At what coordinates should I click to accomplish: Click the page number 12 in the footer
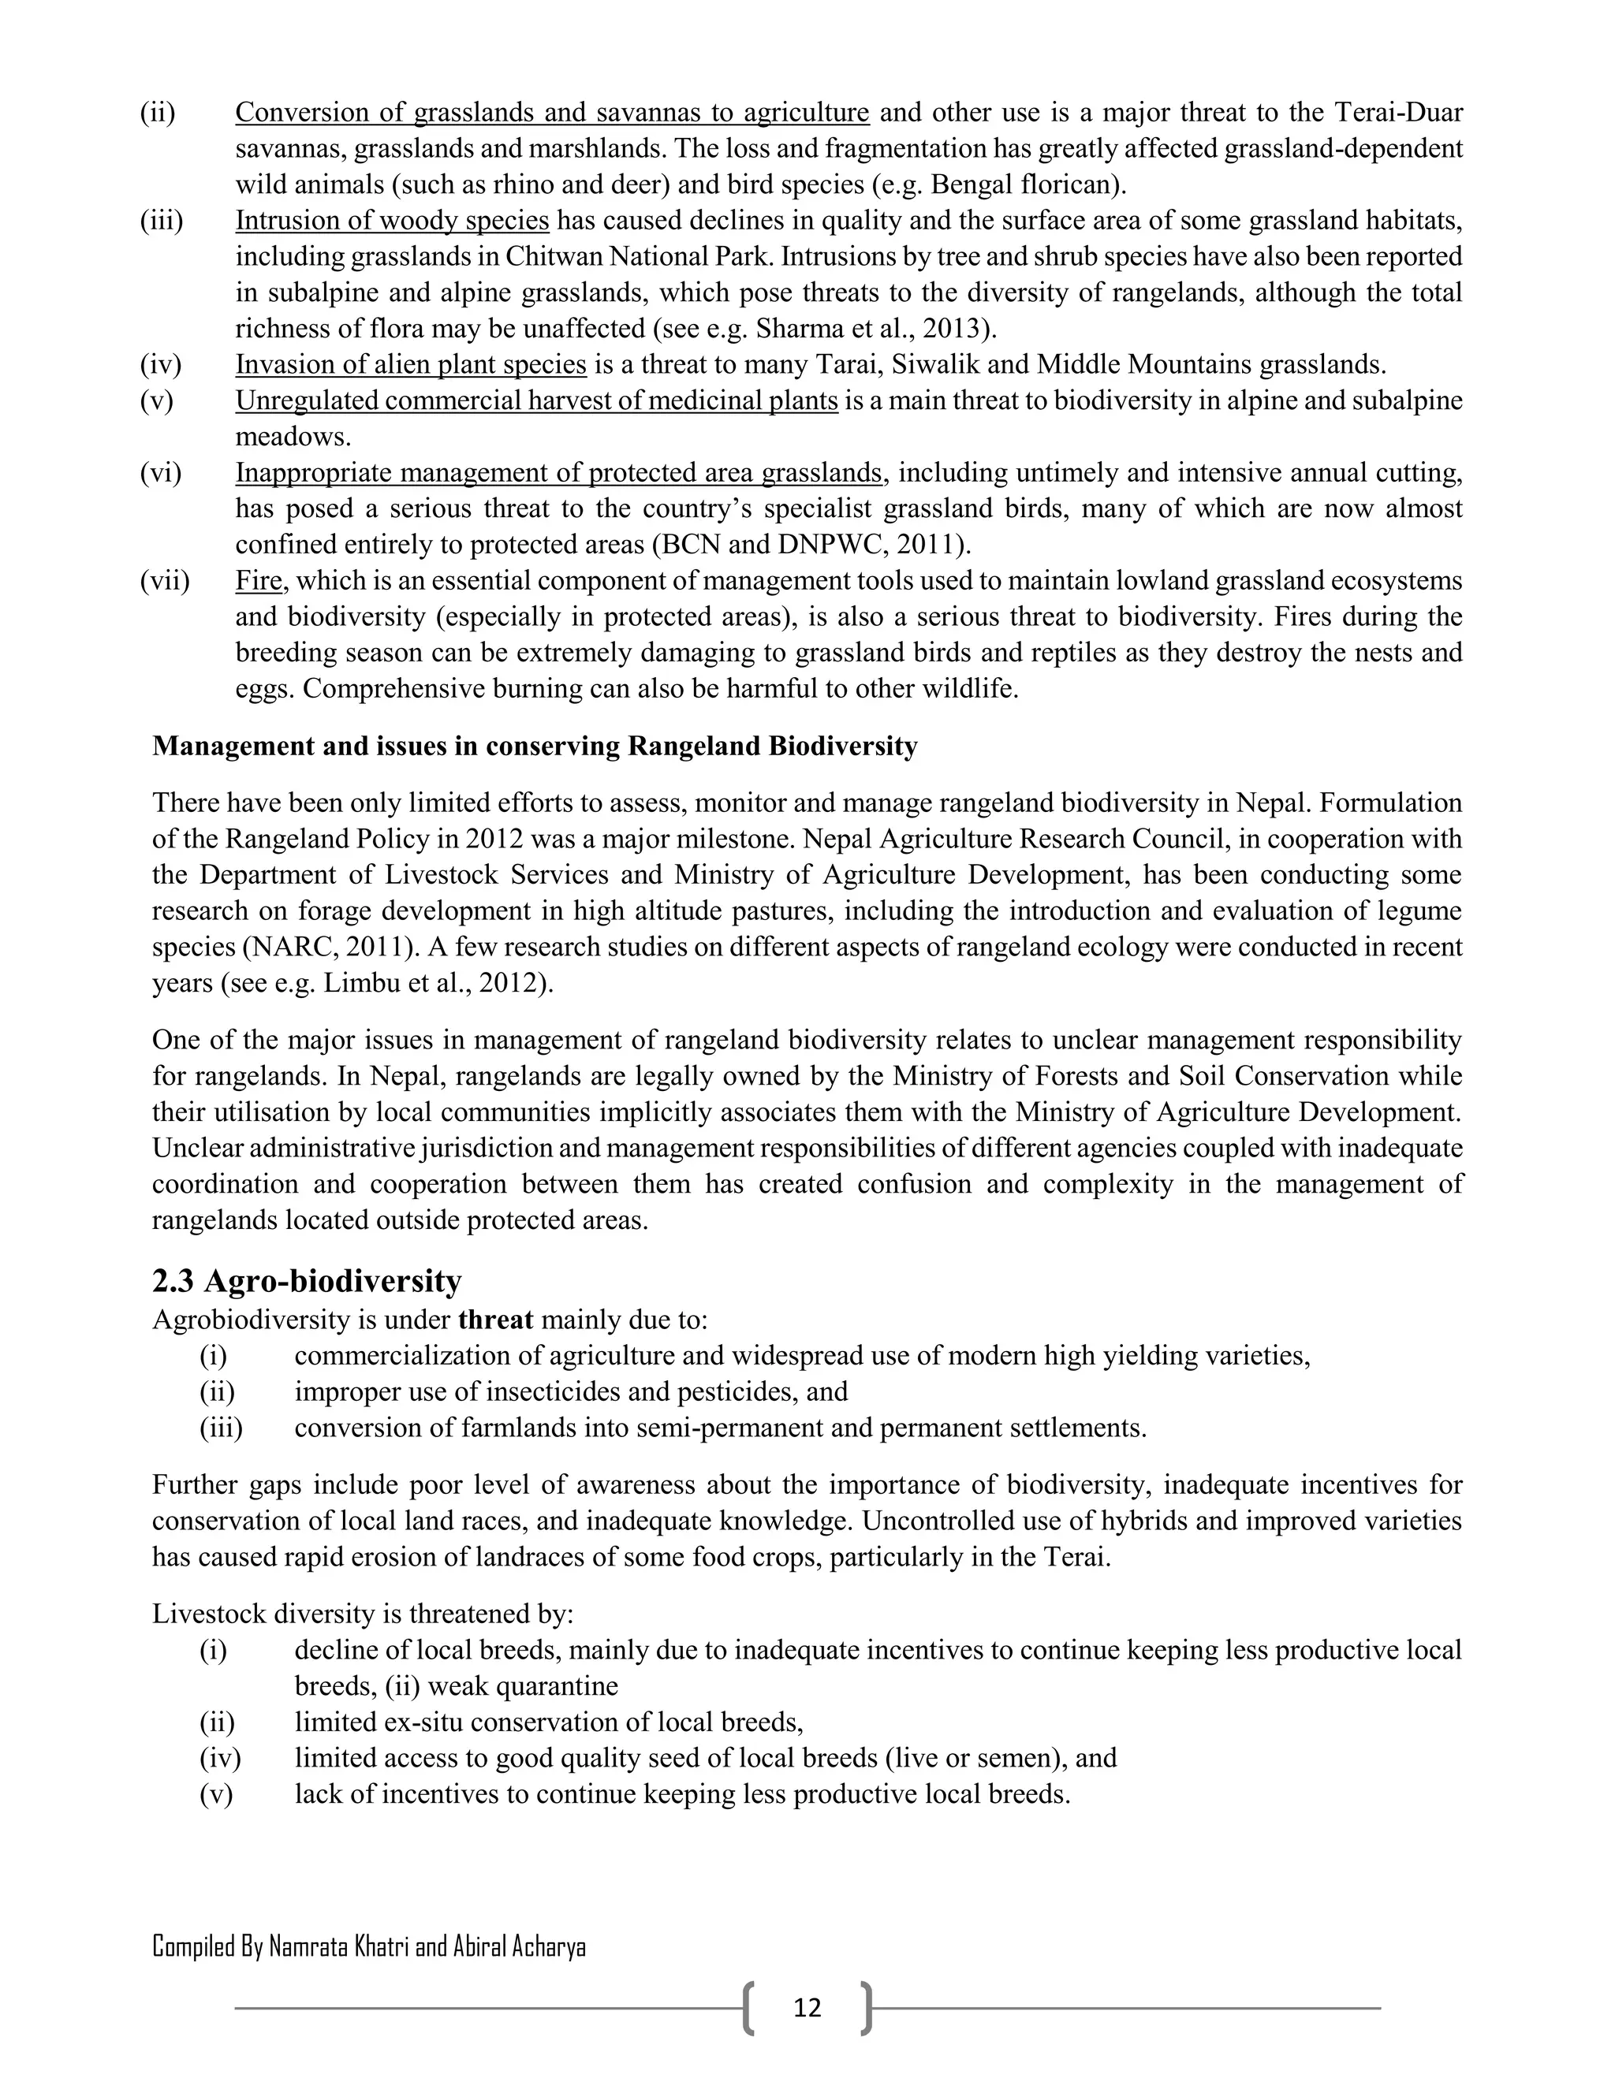(807, 2007)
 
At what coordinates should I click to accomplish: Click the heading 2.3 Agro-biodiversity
(306, 1279)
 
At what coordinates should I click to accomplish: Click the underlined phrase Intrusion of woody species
(392, 221)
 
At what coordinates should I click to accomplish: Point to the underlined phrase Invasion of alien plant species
(410, 364)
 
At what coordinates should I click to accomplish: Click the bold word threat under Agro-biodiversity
(495, 1320)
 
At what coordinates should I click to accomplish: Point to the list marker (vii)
(165, 581)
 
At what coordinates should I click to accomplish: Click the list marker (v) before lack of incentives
(216, 1793)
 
